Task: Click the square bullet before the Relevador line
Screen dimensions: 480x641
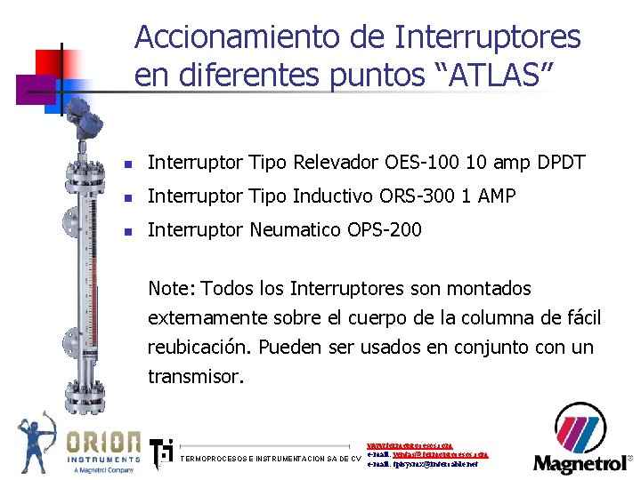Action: [x=128, y=164]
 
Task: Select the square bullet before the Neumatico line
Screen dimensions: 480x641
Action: [x=128, y=232]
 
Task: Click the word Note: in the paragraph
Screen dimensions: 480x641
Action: [x=172, y=289]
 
